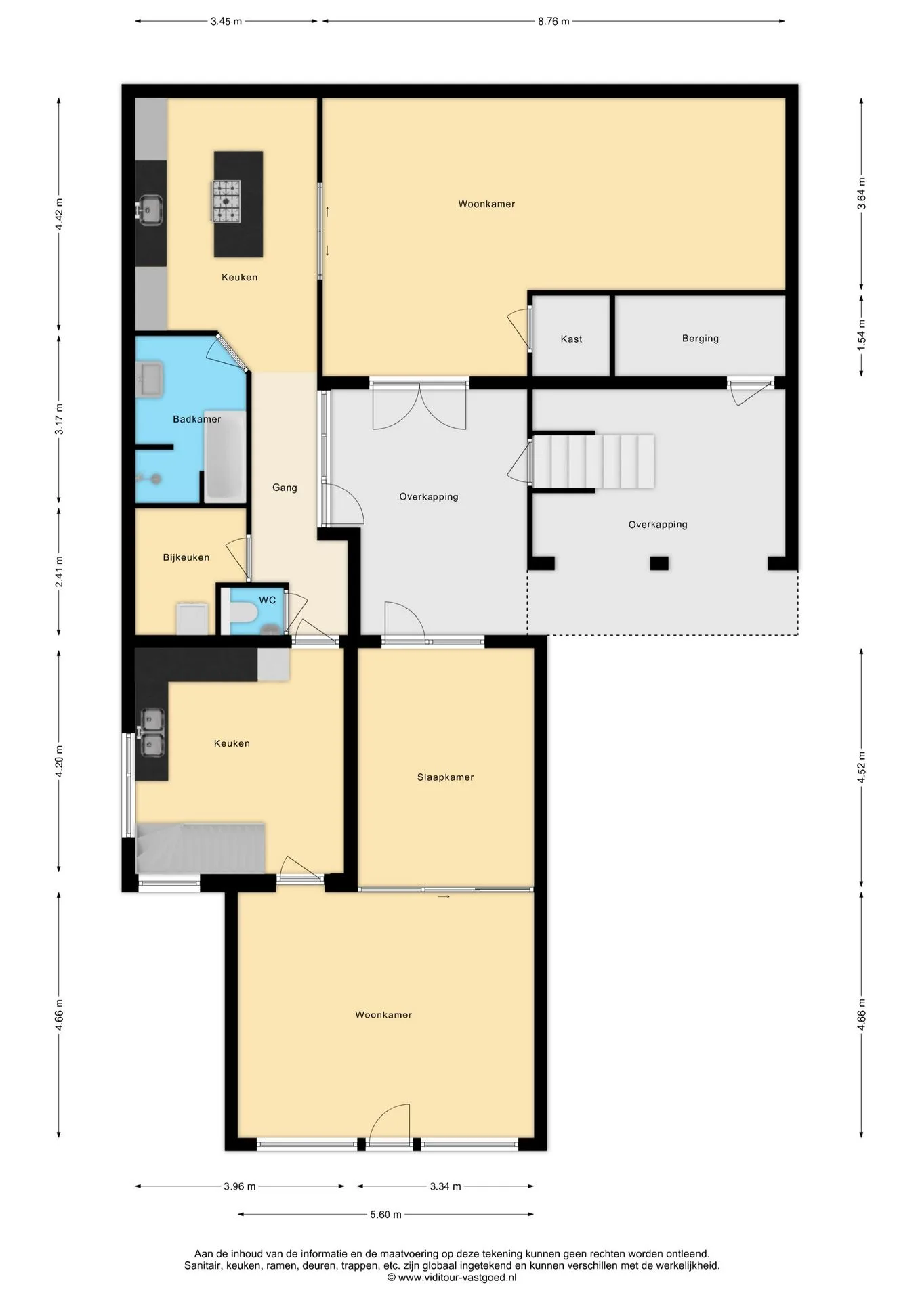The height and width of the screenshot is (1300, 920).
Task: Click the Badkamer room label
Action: [x=196, y=419]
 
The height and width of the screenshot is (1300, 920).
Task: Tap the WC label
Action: [x=267, y=600]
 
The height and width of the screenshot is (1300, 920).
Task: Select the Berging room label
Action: [x=700, y=339]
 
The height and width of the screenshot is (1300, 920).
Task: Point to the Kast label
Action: [x=571, y=339]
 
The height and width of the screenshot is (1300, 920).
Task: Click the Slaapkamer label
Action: [x=445, y=777]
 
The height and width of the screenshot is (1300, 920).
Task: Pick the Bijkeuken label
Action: [x=186, y=557]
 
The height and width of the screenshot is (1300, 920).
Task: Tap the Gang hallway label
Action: [x=285, y=487]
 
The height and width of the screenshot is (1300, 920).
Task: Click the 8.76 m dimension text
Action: [x=553, y=21]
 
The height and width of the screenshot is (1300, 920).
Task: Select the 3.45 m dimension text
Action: [x=226, y=21]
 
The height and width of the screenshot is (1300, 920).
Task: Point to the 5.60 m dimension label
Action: [x=385, y=1215]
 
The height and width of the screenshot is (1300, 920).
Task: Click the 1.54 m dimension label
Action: [x=862, y=335]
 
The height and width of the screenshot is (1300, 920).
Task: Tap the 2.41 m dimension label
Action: [x=59, y=571]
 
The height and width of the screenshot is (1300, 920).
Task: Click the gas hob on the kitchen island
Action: [x=226, y=201]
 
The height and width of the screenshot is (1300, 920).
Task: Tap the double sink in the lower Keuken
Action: [x=151, y=732]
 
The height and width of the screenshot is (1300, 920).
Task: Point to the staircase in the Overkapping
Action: [x=593, y=461]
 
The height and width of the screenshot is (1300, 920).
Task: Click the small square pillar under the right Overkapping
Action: [x=659, y=563]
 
